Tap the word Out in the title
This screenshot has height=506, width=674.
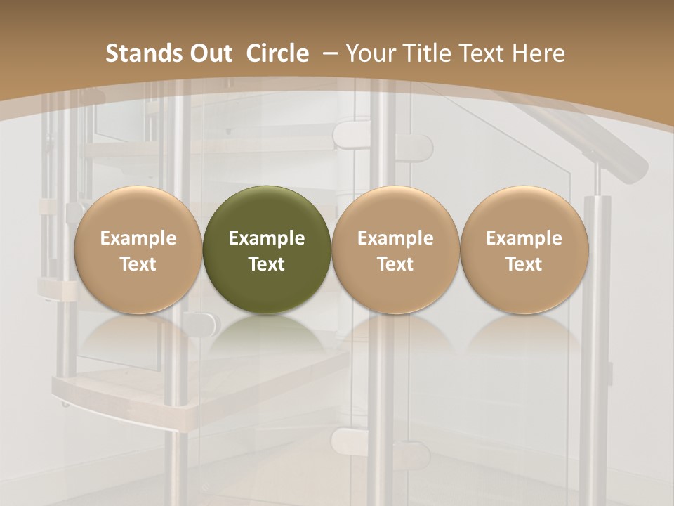[x=210, y=53]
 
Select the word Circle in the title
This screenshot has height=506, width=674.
[x=277, y=53]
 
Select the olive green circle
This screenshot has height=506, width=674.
[x=267, y=249]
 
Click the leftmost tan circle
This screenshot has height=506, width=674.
[x=138, y=249]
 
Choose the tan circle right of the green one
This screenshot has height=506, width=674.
[x=395, y=249]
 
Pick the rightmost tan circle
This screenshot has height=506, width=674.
[x=524, y=249]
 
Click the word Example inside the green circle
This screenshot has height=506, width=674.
[x=267, y=238]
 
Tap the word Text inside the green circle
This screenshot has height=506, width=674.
[x=267, y=264]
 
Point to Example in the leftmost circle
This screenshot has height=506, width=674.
[x=138, y=238]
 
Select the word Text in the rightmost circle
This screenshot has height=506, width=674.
[x=524, y=264]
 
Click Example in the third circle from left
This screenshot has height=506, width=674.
[x=395, y=238]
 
